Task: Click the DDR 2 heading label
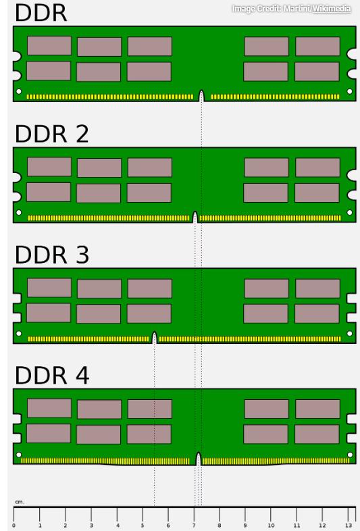52,134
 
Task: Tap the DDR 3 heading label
52,255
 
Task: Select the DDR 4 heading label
52,375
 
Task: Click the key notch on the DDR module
201,96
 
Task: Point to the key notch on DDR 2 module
195,217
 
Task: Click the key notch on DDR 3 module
155,338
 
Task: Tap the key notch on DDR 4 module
199,459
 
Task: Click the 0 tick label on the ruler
14,525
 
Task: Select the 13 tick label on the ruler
348,525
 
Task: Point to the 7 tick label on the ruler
194,525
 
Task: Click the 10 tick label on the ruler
271,525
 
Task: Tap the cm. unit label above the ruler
20,502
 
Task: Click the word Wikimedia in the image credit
332,9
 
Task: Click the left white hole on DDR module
19,91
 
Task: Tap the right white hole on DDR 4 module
350,455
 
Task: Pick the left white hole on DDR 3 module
19,334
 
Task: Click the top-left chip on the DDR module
49,45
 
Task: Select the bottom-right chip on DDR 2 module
317,193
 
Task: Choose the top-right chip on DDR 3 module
317,288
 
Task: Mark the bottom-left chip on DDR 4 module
49,433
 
